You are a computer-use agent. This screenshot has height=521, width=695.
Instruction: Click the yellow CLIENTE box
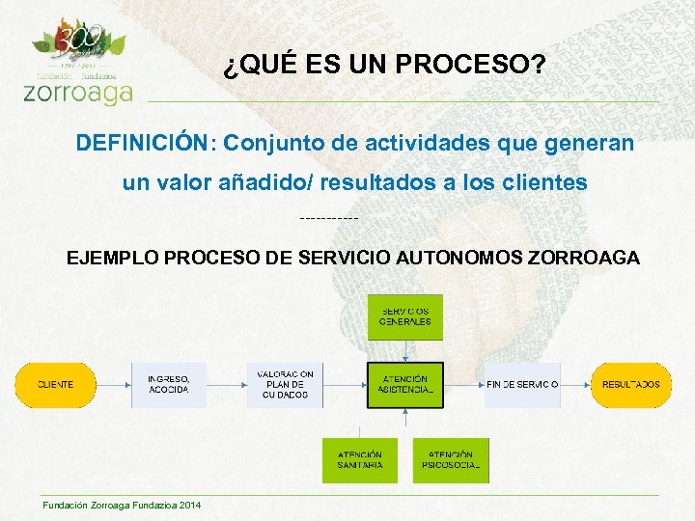pyautogui.click(x=55, y=385)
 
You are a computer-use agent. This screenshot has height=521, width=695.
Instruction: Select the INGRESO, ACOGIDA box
pyautogui.click(x=169, y=385)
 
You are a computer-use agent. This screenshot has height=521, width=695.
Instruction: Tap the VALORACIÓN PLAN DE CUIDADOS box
pyautogui.click(x=285, y=385)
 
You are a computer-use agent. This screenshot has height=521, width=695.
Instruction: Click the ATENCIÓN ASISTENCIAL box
pyautogui.click(x=405, y=385)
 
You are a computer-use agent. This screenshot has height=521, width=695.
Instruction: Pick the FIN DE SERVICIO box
pyautogui.click(x=522, y=385)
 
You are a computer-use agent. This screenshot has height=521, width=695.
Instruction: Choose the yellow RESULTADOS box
pyautogui.click(x=631, y=385)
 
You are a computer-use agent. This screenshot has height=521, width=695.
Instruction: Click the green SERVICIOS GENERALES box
pyautogui.click(x=405, y=316)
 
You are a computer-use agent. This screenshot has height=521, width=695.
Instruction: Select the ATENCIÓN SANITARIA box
pyautogui.click(x=359, y=460)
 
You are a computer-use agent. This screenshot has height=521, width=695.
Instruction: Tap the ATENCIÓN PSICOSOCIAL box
pyautogui.click(x=451, y=460)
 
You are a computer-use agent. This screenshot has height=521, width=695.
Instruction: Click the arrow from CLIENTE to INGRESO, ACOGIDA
pyautogui.click(x=114, y=385)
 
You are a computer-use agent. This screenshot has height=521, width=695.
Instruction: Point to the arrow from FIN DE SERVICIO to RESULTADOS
pyautogui.click(x=575, y=385)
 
